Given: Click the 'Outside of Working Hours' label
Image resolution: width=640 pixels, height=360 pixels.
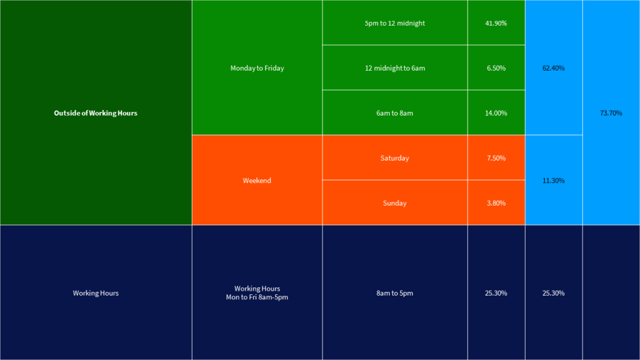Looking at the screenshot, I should click(96, 113).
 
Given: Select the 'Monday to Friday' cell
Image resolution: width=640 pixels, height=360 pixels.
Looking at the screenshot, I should click(257, 68).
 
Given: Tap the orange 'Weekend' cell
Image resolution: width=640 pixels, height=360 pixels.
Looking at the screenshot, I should click(257, 181).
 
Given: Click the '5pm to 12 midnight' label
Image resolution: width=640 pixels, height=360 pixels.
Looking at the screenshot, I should click(394, 23).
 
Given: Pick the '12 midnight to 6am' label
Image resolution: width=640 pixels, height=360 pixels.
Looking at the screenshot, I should click(394, 68).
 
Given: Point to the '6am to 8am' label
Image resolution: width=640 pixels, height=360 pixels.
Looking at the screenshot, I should click(394, 113).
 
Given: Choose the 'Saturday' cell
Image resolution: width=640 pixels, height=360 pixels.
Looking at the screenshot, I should click(394, 158).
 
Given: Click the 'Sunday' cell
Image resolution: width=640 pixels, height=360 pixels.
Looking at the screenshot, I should click(394, 203).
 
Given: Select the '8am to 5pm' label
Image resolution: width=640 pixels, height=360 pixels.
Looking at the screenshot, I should click(394, 293).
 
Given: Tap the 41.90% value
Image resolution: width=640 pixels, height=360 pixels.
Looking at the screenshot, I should click(496, 23).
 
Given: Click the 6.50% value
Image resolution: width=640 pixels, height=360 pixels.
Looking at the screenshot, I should click(496, 68).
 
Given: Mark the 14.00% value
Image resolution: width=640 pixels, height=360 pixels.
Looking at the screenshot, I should click(496, 113).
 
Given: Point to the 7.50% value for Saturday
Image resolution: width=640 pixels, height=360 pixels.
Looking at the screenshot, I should click(496, 158).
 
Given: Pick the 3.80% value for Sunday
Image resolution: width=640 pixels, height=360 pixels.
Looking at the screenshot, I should click(496, 203).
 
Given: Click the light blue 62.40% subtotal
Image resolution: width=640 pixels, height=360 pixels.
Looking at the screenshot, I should click(553, 68).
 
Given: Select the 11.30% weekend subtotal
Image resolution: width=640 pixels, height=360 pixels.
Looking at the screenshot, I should click(553, 181).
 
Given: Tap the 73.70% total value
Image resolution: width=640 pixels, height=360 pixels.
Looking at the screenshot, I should click(611, 113).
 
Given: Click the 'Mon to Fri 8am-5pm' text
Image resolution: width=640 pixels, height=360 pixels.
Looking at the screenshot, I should click(257, 297).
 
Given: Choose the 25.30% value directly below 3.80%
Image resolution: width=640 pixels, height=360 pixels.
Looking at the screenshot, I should click(496, 293).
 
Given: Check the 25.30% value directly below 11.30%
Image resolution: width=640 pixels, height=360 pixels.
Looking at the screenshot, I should click(553, 293).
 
